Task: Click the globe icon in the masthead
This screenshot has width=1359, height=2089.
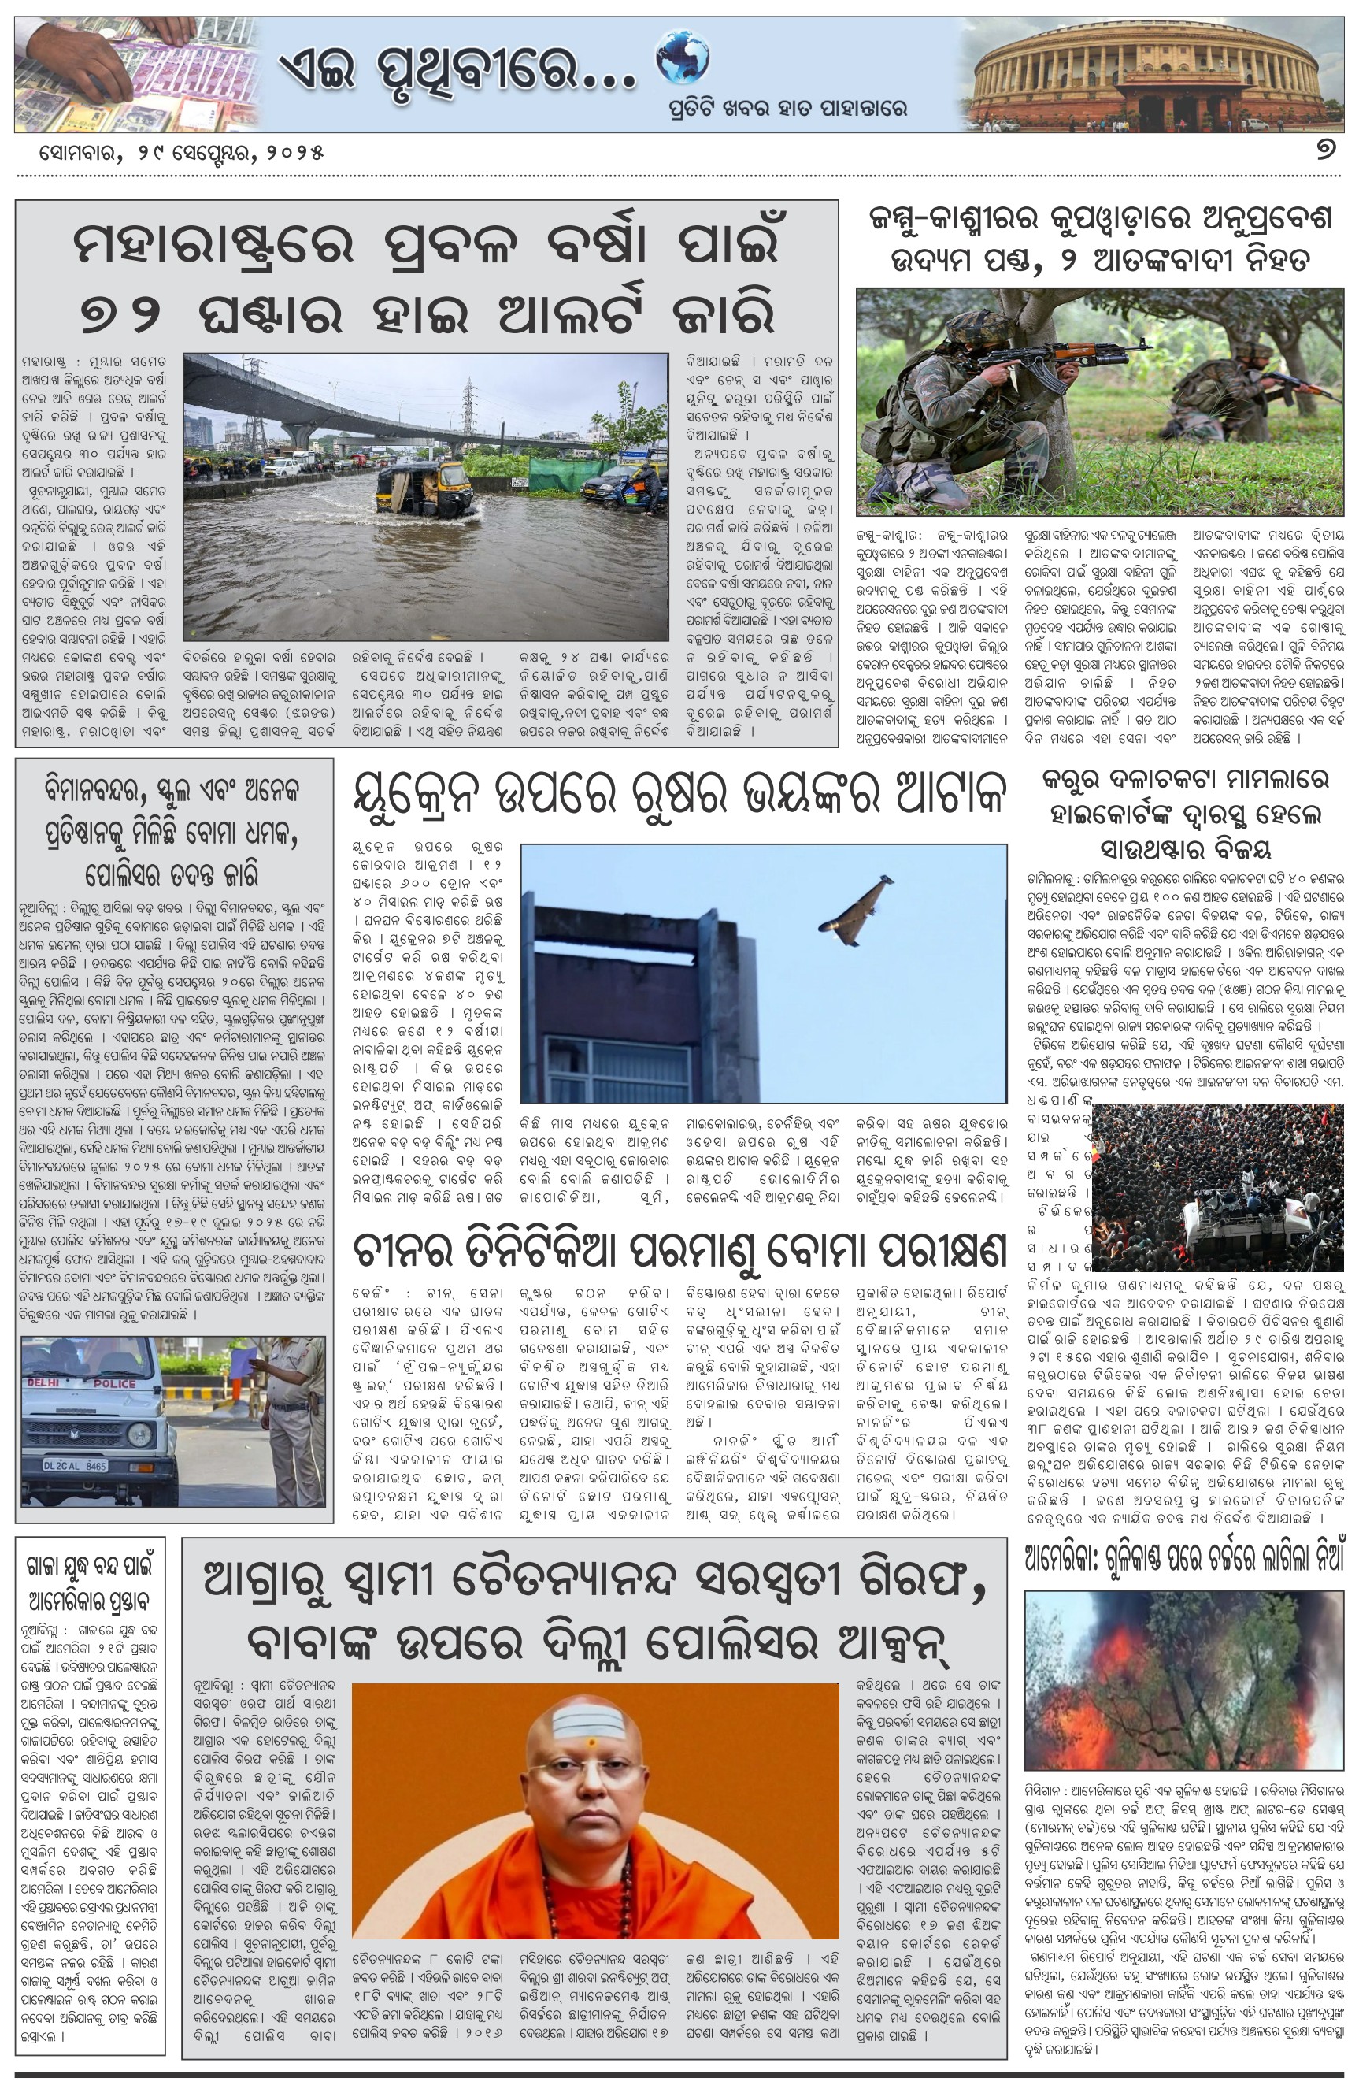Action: (x=683, y=58)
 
